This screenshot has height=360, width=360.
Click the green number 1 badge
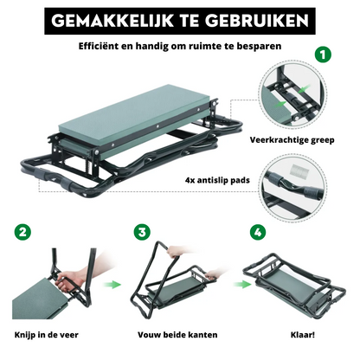(x=323, y=55)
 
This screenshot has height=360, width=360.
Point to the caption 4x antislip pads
(x=217, y=180)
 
